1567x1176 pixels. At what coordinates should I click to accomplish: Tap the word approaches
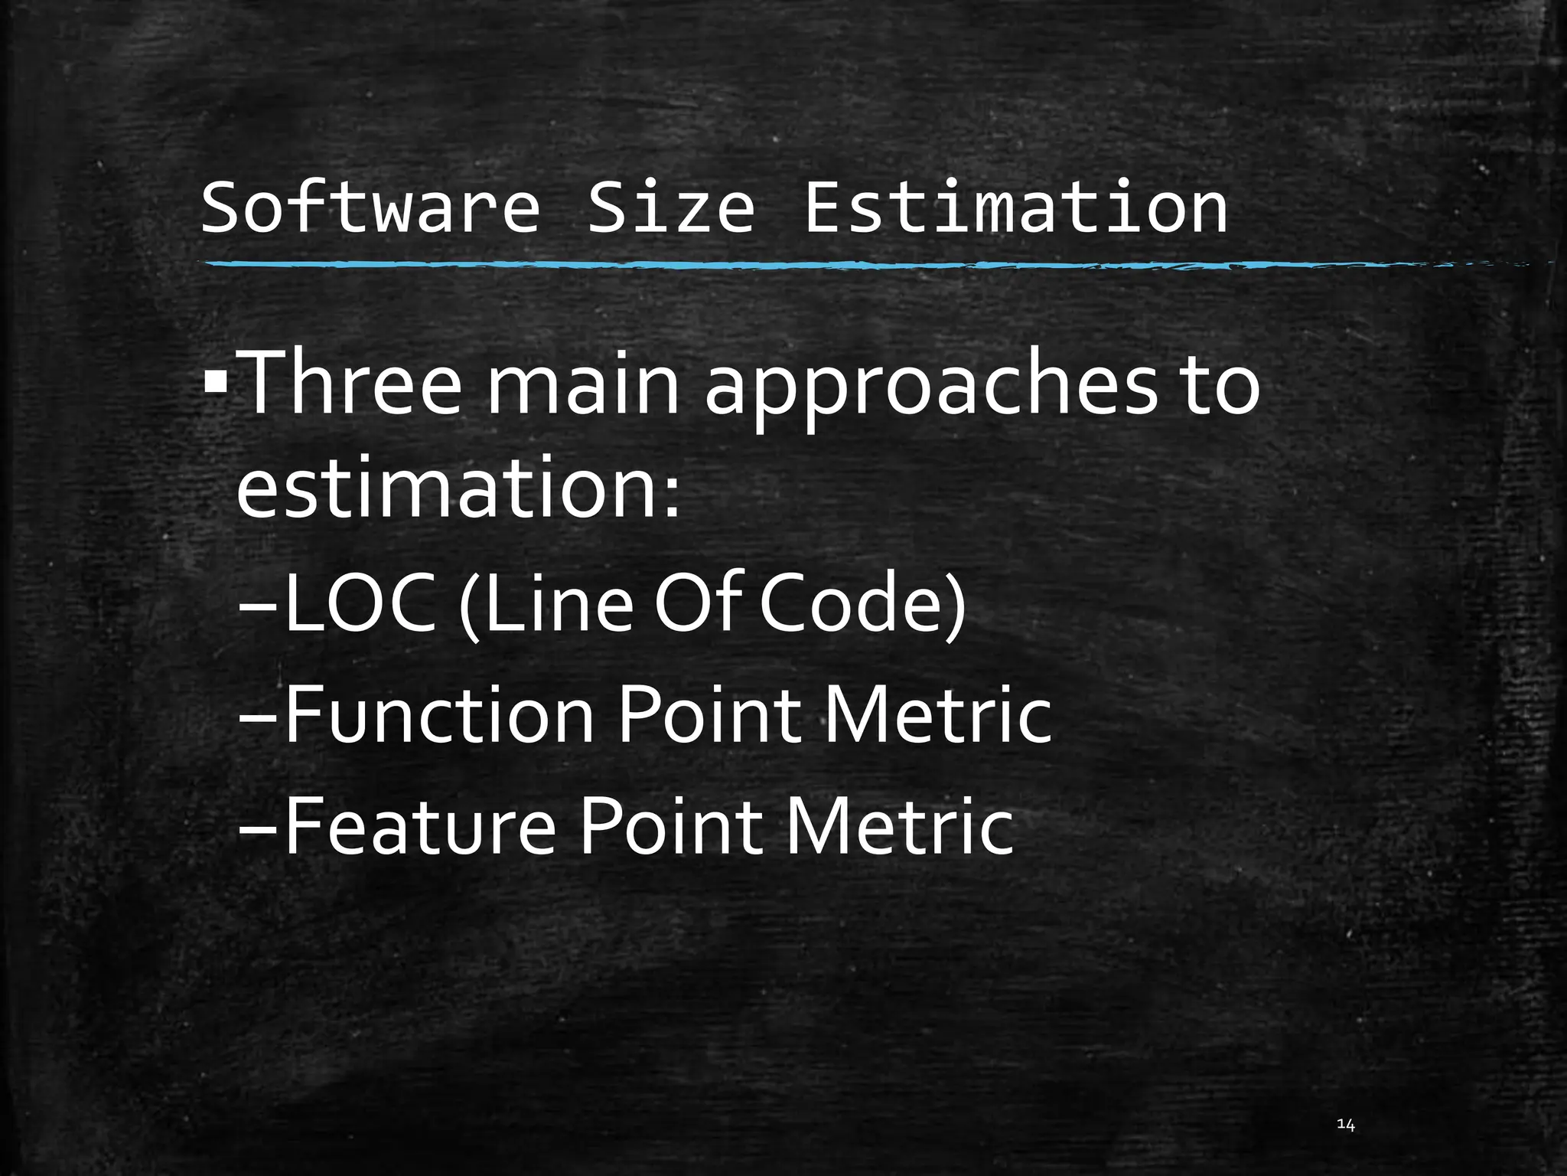[930, 387]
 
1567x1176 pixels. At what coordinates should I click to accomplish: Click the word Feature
[420, 826]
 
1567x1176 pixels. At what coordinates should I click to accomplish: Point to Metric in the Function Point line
[937, 715]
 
